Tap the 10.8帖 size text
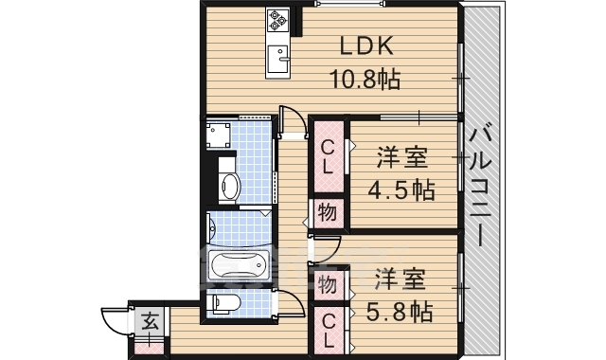click(x=364, y=80)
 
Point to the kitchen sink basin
click(x=279, y=55)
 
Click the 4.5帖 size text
click(x=401, y=189)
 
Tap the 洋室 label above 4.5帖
click(x=401, y=157)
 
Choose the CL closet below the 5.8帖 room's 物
click(x=328, y=331)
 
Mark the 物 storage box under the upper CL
click(x=327, y=213)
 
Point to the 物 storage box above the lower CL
click(x=328, y=284)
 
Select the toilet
click(x=223, y=304)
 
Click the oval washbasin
click(x=228, y=188)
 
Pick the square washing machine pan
click(x=223, y=135)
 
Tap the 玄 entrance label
click(x=150, y=322)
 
